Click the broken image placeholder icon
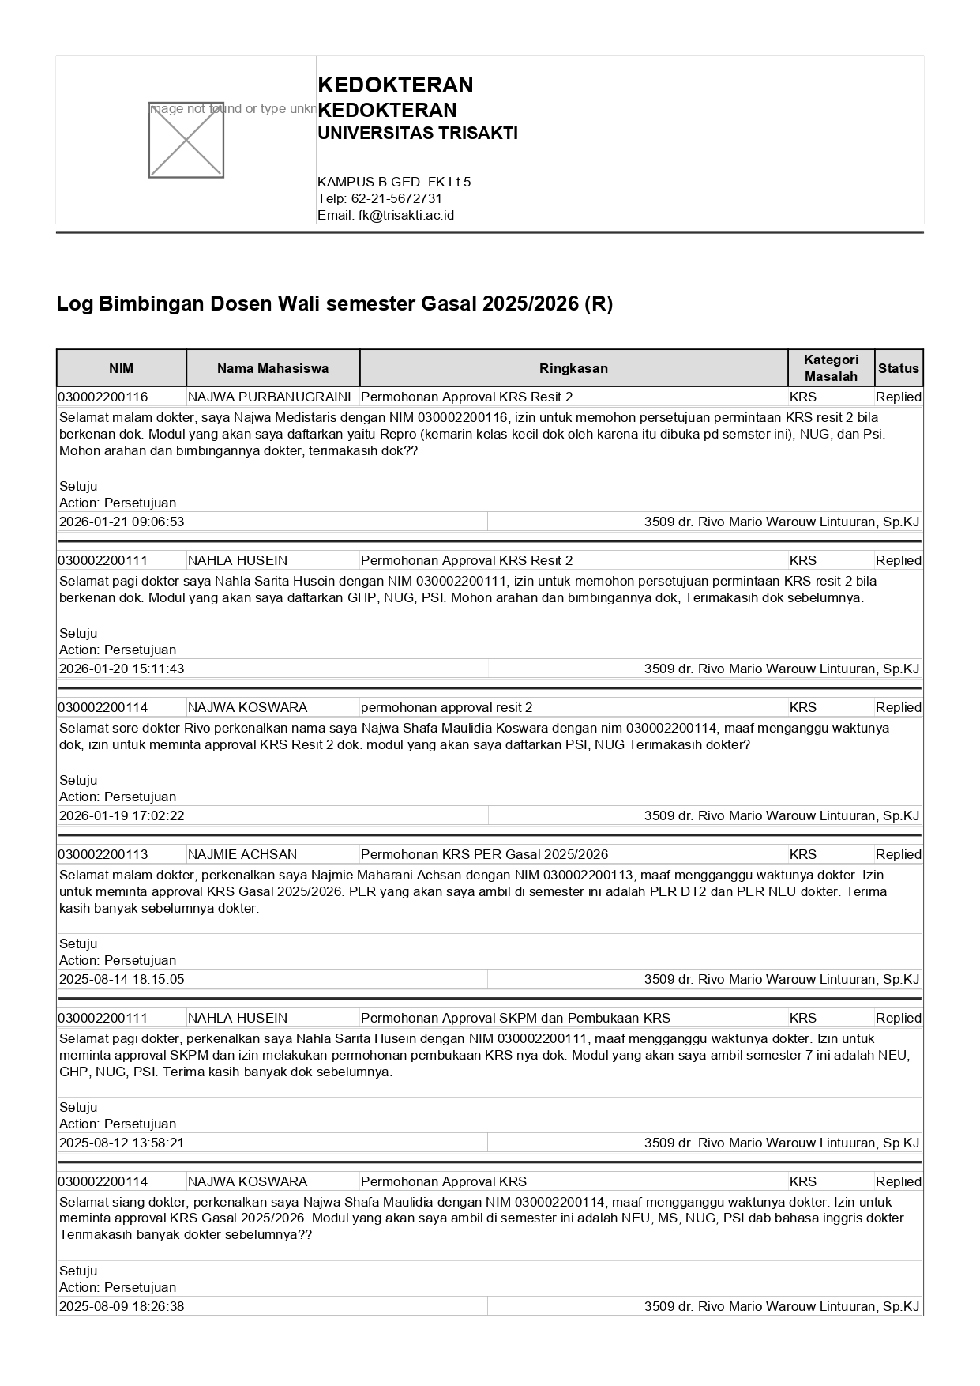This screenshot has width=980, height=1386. [186, 140]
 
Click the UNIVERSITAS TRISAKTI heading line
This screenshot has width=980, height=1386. [417, 134]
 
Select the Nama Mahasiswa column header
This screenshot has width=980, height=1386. [272, 368]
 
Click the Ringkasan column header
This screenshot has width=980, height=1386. [573, 368]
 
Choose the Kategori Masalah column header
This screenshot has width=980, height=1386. [831, 368]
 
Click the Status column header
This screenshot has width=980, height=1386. [898, 368]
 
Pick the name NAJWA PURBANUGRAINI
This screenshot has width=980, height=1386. [269, 397]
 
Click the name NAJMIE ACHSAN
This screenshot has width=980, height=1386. [242, 854]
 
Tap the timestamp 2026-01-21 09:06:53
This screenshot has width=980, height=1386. [122, 522]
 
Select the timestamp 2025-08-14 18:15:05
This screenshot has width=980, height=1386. [122, 979]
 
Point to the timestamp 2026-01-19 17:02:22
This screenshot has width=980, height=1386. [122, 815]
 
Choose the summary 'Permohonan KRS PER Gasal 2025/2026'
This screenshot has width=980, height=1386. [484, 854]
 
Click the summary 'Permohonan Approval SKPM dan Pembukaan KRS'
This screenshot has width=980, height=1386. [515, 1018]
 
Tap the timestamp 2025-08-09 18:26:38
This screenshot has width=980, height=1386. [122, 1306]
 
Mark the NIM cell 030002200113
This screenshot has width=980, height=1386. [103, 854]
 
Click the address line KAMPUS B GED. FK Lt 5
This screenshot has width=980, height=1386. [394, 182]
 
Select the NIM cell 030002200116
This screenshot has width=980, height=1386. [103, 397]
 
